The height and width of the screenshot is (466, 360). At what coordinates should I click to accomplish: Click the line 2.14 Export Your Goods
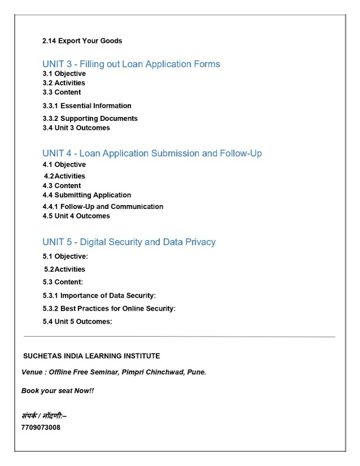(x=83, y=41)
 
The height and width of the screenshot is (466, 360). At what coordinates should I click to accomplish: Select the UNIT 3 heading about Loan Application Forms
(x=131, y=64)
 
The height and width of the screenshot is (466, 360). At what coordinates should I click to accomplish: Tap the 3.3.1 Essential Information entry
(x=87, y=106)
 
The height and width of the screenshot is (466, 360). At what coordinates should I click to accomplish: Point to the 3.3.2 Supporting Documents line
(x=90, y=119)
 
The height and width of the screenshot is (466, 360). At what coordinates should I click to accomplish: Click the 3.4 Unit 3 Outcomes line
(x=76, y=128)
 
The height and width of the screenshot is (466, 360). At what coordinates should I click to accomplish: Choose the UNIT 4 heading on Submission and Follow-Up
(x=152, y=153)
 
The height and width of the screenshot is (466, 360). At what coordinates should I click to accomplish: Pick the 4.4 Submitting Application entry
(x=86, y=195)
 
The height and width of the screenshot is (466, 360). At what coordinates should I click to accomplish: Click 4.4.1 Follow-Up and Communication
(x=103, y=207)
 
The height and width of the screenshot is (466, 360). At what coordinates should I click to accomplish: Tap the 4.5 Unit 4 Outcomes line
(x=76, y=216)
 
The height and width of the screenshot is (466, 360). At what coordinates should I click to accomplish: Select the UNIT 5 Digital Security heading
(x=129, y=242)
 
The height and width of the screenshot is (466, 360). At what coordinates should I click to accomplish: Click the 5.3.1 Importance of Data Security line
(x=99, y=295)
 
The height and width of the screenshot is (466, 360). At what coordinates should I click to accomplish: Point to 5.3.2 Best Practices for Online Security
(x=109, y=308)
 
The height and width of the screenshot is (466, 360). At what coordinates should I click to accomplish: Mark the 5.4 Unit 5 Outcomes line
(x=77, y=321)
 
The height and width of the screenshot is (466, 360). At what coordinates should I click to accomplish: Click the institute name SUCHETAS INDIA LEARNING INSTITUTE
(x=91, y=356)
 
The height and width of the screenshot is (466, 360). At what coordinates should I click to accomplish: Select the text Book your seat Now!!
(x=58, y=390)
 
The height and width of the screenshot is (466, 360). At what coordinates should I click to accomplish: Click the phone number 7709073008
(x=41, y=427)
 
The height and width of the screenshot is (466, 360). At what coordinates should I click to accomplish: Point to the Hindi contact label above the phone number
(x=44, y=416)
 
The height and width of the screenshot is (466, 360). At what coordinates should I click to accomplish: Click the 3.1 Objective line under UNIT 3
(x=64, y=73)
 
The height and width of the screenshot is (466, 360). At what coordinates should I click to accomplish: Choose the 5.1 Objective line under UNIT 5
(x=66, y=256)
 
